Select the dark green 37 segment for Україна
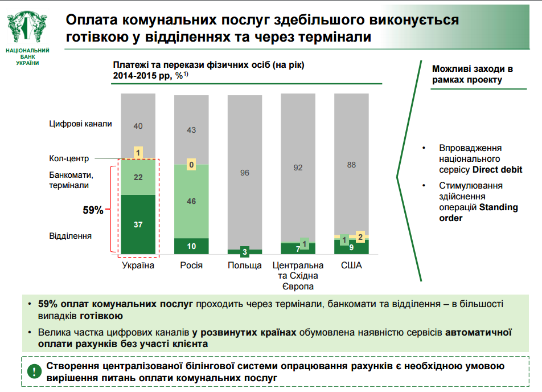(138, 224)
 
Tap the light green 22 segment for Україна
(138, 177)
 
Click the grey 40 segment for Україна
(138, 126)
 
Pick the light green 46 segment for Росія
(191, 201)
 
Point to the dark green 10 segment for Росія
(191, 246)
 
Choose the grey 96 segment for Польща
(244, 172)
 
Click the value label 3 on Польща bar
(244, 251)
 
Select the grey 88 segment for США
(351, 165)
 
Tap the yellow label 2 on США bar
(359, 236)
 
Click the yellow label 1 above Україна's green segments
(138, 152)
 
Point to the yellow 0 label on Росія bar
(191, 165)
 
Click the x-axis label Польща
(244, 266)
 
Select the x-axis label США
(351, 266)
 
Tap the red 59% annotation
(93, 210)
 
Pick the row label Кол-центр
(68, 159)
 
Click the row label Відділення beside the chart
(71, 235)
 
